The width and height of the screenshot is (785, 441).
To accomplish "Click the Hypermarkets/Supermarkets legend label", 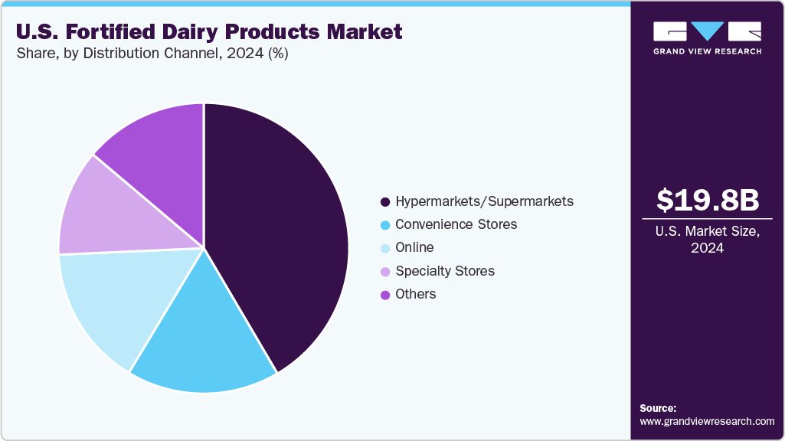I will [484, 201].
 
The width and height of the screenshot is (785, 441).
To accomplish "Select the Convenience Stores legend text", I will [456, 224].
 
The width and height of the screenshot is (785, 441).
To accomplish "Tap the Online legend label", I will [414, 247].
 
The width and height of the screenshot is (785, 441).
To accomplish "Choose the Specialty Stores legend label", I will [445, 271].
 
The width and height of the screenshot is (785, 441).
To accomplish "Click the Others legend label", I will [416, 294].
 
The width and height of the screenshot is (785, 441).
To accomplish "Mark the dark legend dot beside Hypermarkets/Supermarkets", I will [385, 202].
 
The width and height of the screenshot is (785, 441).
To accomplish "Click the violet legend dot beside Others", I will [385, 295].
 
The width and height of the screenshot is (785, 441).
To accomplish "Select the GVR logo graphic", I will [707, 31].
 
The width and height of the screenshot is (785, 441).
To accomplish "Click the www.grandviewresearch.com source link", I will [707, 421].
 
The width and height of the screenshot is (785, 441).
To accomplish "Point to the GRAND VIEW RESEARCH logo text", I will [707, 51].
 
